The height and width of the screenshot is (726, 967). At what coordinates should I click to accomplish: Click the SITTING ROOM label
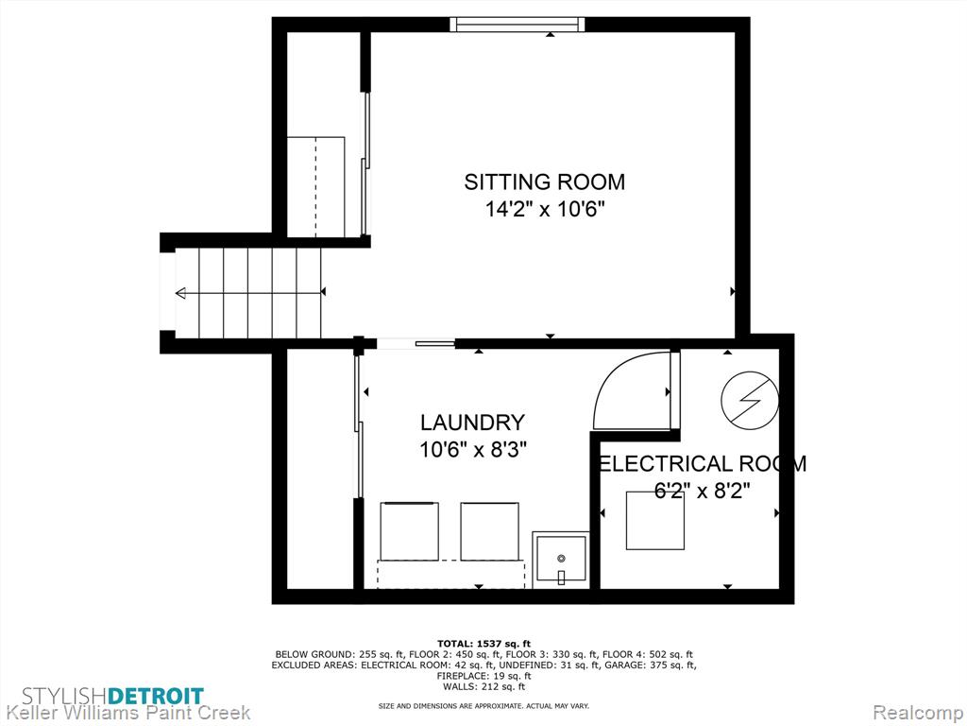coord(545,182)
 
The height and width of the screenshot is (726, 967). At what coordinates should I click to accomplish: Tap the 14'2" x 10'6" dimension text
coord(544,210)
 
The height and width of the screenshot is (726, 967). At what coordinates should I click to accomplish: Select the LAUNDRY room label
coord(472,423)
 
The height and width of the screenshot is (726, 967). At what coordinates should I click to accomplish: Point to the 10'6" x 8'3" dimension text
coord(472,449)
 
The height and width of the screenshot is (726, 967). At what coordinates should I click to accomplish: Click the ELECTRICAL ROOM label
coord(703,463)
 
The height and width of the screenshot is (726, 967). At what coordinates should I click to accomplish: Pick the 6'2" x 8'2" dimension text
coord(703,491)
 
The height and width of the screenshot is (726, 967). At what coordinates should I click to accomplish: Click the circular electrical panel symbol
coord(750,400)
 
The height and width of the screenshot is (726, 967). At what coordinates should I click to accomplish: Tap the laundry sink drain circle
coord(561,558)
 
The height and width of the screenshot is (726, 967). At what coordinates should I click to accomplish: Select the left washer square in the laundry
coord(409,531)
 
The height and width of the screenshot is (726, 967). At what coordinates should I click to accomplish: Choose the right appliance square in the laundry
coord(490,531)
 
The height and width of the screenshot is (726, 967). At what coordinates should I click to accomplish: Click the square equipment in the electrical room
coord(655,521)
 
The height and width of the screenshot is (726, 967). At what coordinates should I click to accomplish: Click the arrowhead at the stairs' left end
coord(180,293)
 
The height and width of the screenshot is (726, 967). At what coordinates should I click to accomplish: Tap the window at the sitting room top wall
coord(517,24)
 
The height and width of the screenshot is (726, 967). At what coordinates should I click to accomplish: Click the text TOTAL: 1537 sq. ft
coord(483,644)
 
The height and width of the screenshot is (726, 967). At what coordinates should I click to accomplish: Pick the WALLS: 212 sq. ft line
coord(483,686)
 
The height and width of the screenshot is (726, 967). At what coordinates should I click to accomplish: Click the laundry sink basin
coord(561,559)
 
